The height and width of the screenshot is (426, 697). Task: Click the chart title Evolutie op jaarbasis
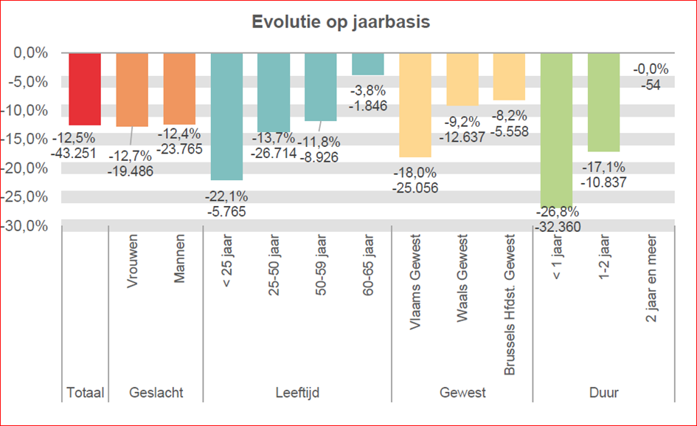(x=341, y=22)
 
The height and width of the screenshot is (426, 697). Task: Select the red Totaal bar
(x=85, y=89)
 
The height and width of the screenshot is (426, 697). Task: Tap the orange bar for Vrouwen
(x=132, y=89)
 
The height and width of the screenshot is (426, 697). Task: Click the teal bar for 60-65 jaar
(x=367, y=64)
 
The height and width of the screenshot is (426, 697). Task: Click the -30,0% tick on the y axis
(x=29, y=226)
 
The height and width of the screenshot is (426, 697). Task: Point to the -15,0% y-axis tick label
(x=29, y=140)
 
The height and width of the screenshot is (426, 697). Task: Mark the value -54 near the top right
(x=651, y=84)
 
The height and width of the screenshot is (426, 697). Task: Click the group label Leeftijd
(x=297, y=393)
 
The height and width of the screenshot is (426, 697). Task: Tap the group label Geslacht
(x=156, y=393)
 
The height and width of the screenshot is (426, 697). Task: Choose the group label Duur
(x=603, y=393)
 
